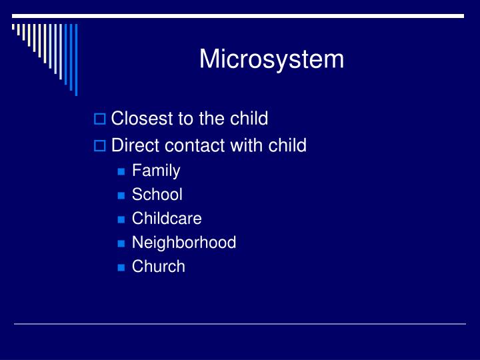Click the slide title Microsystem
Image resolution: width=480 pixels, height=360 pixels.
[x=271, y=59]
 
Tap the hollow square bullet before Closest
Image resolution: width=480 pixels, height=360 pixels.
[x=100, y=120]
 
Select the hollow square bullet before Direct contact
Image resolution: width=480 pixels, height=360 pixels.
[x=100, y=146]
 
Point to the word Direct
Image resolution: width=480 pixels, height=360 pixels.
[x=133, y=145]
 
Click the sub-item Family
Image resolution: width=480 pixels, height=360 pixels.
[x=156, y=171]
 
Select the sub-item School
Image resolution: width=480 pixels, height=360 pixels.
[x=157, y=195]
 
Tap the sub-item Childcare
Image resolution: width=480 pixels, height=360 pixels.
[x=167, y=218]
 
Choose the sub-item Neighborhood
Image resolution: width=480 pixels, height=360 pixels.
[x=184, y=242]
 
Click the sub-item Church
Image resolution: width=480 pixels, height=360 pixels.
[x=158, y=266]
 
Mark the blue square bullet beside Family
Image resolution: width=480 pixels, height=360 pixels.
[x=121, y=172]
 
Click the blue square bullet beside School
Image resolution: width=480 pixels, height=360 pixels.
[x=121, y=196]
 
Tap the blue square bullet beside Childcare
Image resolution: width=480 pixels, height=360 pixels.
[x=121, y=219]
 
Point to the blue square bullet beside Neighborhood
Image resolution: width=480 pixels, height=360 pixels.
[x=121, y=243]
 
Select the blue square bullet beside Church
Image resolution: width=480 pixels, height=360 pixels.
[x=121, y=267]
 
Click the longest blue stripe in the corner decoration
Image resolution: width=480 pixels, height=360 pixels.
[x=75, y=60]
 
